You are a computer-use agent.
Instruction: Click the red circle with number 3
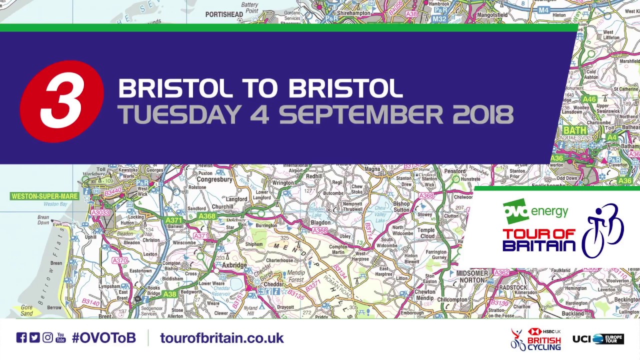tap(62, 101)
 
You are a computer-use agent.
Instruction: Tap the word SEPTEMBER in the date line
tap(360, 114)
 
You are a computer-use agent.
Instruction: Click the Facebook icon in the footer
tap(21, 337)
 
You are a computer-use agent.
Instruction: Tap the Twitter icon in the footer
tap(34, 337)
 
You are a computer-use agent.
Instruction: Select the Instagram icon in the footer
tap(47, 337)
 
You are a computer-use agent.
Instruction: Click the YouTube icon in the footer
tap(60, 337)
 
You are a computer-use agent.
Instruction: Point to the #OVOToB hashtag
tap(104, 338)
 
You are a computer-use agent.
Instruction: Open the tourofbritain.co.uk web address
tap(221, 338)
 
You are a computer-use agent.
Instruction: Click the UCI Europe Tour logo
tap(598, 339)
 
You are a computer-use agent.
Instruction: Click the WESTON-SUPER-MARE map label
tap(45, 196)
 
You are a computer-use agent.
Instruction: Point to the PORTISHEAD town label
tap(224, 14)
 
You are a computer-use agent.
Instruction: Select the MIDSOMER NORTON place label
tap(472, 277)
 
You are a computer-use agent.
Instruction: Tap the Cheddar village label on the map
tap(273, 284)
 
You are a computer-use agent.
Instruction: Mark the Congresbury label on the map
tap(215, 179)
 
